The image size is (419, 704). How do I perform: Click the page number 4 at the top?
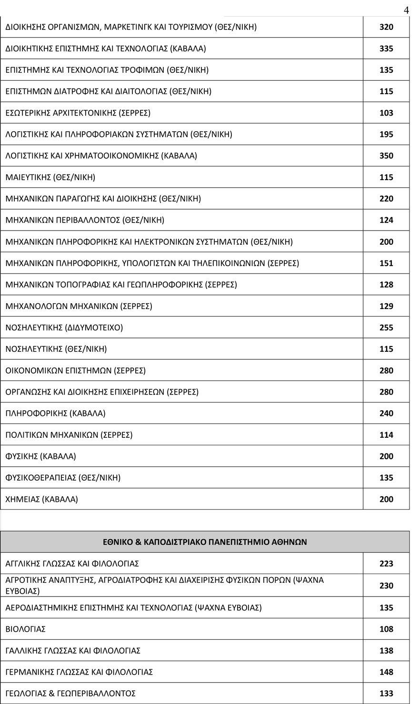tap(406, 10)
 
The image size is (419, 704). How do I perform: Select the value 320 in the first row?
tap(386, 27)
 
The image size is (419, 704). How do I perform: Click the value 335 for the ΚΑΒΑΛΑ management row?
tap(386, 48)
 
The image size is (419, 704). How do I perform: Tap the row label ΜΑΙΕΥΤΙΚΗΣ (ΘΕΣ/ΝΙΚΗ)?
tap(50, 177)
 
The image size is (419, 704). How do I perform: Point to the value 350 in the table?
tap(386, 156)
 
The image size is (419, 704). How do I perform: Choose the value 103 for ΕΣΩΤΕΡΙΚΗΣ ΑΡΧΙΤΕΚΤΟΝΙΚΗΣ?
tap(386, 113)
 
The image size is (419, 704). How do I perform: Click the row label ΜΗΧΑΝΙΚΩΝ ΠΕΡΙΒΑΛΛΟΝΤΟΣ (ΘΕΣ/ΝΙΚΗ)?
tap(85, 220)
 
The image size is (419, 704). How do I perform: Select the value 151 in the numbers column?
tap(386, 263)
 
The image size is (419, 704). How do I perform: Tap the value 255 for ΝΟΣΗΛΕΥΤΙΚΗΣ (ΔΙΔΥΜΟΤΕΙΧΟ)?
tap(386, 328)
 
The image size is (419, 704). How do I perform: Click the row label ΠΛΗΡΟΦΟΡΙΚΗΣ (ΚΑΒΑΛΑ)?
tap(56, 414)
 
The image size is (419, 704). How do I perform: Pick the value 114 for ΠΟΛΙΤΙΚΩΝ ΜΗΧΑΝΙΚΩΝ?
tap(386, 435)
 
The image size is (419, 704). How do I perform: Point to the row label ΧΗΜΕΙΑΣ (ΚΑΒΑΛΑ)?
tap(42, 499)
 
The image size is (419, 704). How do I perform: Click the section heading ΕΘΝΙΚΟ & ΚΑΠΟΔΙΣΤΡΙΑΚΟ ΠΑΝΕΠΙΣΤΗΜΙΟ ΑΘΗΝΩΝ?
tap(205, 542)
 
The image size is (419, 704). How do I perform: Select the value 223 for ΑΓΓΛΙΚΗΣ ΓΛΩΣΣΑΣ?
tap(386, 564)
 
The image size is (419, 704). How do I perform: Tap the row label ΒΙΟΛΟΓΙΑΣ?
tap(26, 629)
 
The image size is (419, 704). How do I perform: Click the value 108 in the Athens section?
tap(386, 629)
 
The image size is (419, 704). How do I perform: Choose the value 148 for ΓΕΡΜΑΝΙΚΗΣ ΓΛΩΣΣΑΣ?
tap(386, 672)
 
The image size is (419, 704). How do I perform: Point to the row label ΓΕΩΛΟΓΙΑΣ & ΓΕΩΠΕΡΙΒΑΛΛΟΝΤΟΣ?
tap(70, 694)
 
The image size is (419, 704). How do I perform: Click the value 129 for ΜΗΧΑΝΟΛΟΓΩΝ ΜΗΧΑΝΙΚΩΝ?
tap(386, 306)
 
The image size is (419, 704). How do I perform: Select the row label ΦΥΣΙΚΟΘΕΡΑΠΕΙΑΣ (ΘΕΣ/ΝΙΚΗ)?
tap(63, 478)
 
